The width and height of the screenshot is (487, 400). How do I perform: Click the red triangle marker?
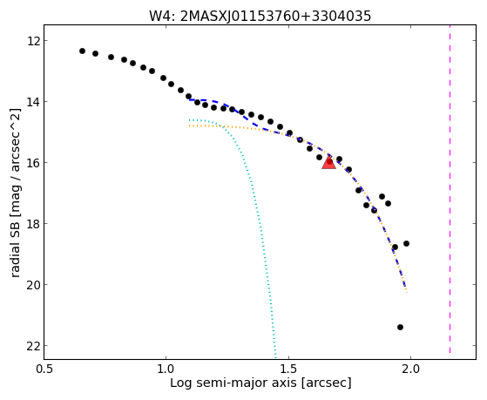328,163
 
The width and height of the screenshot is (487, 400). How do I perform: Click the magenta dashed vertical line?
450,189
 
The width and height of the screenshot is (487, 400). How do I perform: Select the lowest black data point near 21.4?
400,327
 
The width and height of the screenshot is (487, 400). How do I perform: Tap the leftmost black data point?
82,51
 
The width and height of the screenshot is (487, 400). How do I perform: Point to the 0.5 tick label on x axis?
44,369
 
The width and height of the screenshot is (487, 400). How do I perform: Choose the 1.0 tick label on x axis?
166,369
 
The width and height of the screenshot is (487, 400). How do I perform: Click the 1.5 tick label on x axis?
289,369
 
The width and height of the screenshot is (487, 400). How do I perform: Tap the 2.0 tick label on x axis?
411,369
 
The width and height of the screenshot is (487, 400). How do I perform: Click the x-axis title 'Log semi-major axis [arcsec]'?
260,383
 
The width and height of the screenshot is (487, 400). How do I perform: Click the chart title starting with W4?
260,16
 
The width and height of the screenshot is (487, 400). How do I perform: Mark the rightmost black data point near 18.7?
406,243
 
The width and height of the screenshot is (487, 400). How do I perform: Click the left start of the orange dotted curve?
189,125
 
